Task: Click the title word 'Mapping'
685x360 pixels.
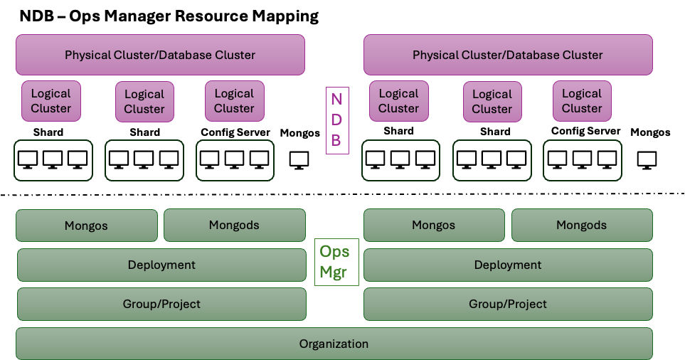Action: pyautogui.click(x=281, y=16)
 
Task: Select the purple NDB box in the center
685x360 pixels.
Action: pyautogui.click(x=336, y=120)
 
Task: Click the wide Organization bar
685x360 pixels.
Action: pyautogui.click(x=334, y=344)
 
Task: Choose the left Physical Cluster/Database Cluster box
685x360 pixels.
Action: pyautogui.click(x=160, y=55)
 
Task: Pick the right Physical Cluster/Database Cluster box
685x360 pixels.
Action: pyautogui.click(x=508, y=55)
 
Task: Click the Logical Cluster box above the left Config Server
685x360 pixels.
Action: pyautogui.click(x=234, y=101)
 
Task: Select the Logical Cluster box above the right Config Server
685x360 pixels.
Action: pyautogui.click(x=582, y=100)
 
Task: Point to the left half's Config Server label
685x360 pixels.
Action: pyautogui.click(x=235, y=132)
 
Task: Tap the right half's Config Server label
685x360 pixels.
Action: pyautogui.click(x=585, y=131)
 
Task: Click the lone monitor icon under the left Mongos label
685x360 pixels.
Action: pyautogui.click(x=299, y=160)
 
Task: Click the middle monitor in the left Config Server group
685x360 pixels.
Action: pyautogui.click(x=235, y=159)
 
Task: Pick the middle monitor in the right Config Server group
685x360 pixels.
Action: pyautogui.click(x=582, y=159)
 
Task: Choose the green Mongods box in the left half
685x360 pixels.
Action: pyautogui.click(x=234, y=225)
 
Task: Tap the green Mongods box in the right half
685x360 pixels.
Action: pyautogui.click(x=581, y=225)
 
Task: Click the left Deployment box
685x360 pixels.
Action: pyautogui.click(x=161, y=265)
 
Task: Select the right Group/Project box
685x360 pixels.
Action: pyautogui.click(x=508, y=304)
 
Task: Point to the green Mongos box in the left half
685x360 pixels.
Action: pyautogui.click(x=87, y=226)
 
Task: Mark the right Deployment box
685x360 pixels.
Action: pyautogui.click(x=508, y=265)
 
